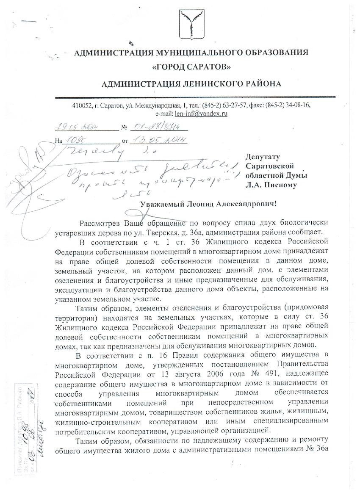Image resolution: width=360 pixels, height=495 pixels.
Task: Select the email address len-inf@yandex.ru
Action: click(202, 113)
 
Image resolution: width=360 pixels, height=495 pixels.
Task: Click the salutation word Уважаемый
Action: click(162, 205)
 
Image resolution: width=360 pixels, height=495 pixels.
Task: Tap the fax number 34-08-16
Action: click(301, 105)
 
